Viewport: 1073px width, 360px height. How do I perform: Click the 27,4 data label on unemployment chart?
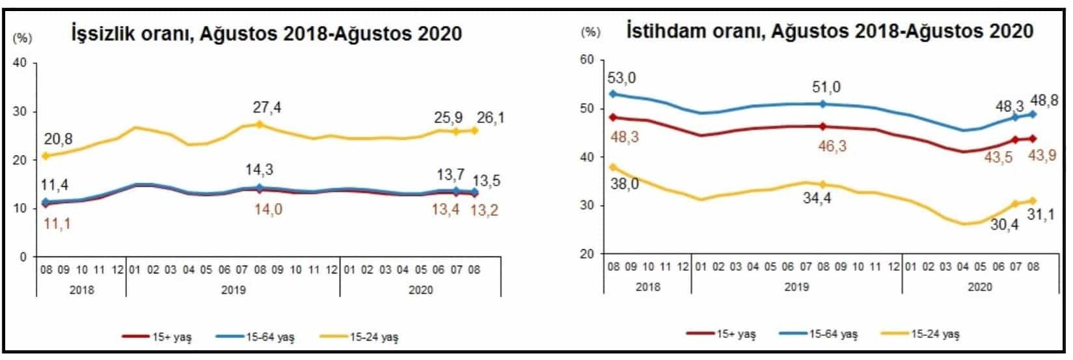tap(267, 107)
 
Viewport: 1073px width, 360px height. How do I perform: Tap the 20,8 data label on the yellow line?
tap(59, 139)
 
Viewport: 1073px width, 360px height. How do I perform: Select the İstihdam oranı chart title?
tap(830, 31)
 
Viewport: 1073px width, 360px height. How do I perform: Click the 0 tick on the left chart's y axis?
tap(23, 257)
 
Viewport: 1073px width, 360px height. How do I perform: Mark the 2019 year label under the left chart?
tap(233, 290)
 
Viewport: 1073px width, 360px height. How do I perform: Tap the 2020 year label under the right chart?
tap(980, 286)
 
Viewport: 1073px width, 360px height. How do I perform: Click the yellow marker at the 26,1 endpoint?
tap(474, 130)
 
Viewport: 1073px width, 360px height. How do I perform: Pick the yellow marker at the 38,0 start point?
tap(613, 167)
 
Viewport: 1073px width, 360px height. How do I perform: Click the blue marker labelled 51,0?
tap(822, 104)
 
